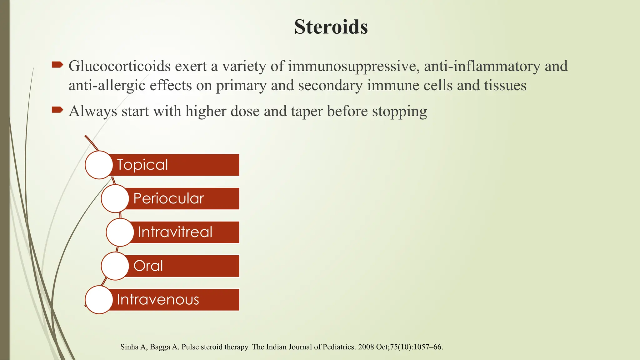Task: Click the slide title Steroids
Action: [331, 27]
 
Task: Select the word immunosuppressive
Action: [354, 66]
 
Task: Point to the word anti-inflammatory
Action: [482, 66]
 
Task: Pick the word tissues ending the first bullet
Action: [505, 86]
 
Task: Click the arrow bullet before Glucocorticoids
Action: [57, 65]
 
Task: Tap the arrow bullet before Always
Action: [57, 110]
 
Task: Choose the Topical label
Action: [142, 165]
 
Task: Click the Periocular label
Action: [168, 198]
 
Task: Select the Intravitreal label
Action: [175, 232]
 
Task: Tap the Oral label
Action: [148, 266]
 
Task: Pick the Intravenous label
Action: [158, 300]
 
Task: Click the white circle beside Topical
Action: [99, 165]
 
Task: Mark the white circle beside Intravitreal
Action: [120, 232]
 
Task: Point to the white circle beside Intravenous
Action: [99, 300]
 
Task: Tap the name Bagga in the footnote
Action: [160, 347]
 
